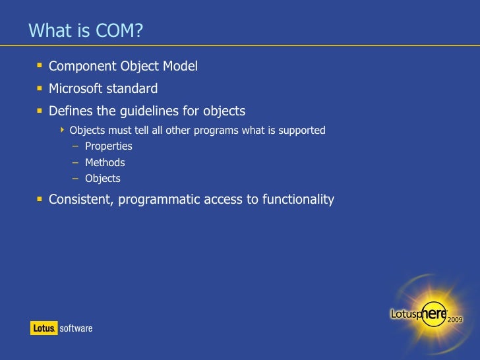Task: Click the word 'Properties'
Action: (108, 146)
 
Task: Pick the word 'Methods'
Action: (105, 162)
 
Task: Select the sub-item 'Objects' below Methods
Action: (102, 178)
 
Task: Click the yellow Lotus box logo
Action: (43, 328)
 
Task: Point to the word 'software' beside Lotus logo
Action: (76, 328)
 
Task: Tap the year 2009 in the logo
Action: (456, 318)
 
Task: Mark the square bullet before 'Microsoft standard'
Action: (40, 88)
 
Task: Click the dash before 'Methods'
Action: (76, 162)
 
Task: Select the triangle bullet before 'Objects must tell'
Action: (63, 129)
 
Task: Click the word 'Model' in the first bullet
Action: (181, 67)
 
